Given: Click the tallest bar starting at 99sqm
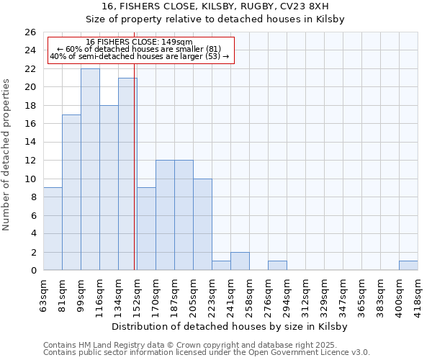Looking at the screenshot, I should point(90,169).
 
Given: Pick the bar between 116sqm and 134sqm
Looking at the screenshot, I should point(109,188).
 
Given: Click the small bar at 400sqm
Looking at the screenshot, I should point(408,266).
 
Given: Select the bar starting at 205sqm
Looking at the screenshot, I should point(202,225).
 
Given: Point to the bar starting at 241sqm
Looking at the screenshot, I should point(240,261).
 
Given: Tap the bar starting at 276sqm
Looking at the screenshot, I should point(277,266).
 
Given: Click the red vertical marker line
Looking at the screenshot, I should point(135,180).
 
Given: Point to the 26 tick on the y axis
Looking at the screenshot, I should point(30,32).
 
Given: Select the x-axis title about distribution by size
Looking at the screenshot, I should point(230,326).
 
